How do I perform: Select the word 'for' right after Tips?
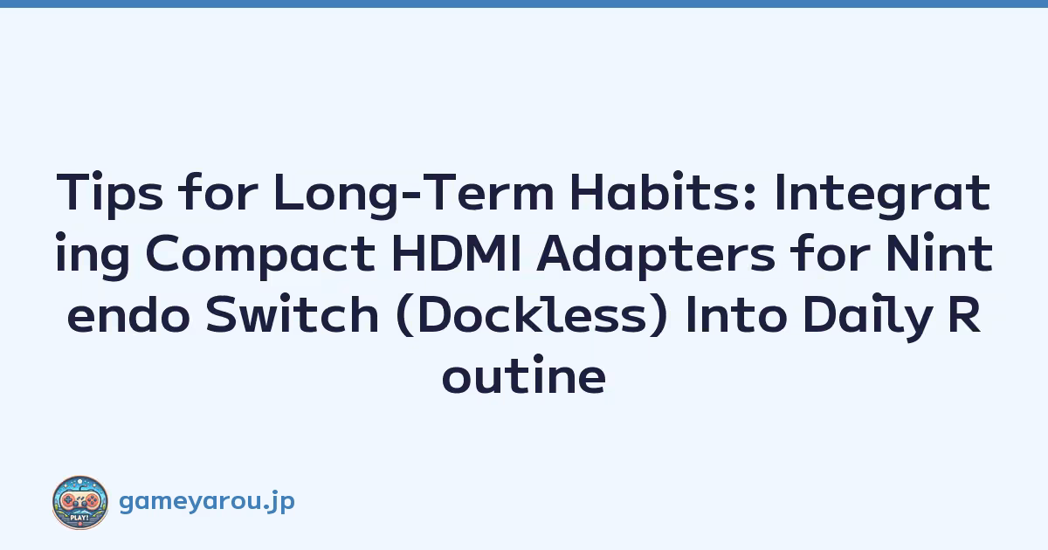tap(218, 191)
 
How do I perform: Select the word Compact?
tap(260, 256)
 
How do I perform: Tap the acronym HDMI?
tap(456, 252)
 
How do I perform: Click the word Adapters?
tap(656, 256)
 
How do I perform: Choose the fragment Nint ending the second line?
tap(939, 252)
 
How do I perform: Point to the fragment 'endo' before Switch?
tap(128, 313)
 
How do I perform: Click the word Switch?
tap(293, 313)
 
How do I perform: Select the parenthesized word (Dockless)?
tap(532, 315)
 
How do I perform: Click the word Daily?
tap(865, 316)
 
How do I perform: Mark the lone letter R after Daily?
tap(964, 313)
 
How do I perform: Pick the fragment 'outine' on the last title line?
tap(524, 375)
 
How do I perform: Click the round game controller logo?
tap(80, 502)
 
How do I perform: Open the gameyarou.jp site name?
tap(207, 502)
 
